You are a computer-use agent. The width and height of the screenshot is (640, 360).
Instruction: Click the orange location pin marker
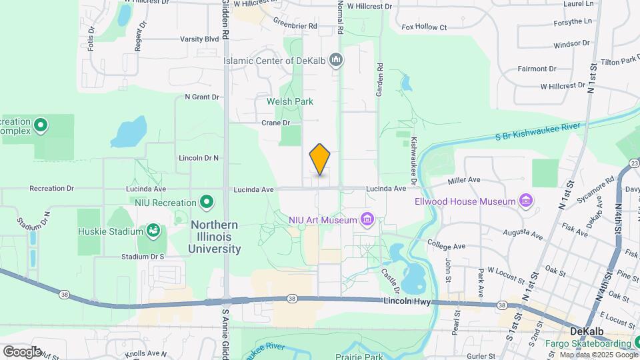pos(320,159)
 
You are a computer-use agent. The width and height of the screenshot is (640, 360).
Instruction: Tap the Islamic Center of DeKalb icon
pos(337,61)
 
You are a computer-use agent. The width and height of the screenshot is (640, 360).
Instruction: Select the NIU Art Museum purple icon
pos(365,219)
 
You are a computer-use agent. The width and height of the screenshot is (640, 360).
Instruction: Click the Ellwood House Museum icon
pos(526,201)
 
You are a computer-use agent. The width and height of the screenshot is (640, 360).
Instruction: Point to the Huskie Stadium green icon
pos(153,231)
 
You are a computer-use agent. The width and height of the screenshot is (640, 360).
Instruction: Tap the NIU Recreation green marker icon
pos(207,202)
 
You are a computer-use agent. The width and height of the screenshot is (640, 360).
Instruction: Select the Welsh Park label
pos(289,101)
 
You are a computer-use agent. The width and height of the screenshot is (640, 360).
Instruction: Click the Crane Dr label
pos(276,123)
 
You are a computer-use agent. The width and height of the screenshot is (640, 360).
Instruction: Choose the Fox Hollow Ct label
pos(424,27)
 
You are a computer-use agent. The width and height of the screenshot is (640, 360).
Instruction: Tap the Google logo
pos(22,351)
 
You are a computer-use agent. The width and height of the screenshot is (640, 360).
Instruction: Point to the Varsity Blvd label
pos(199,39)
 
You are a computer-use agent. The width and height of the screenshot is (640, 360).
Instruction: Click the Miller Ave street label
pos(464,180)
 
